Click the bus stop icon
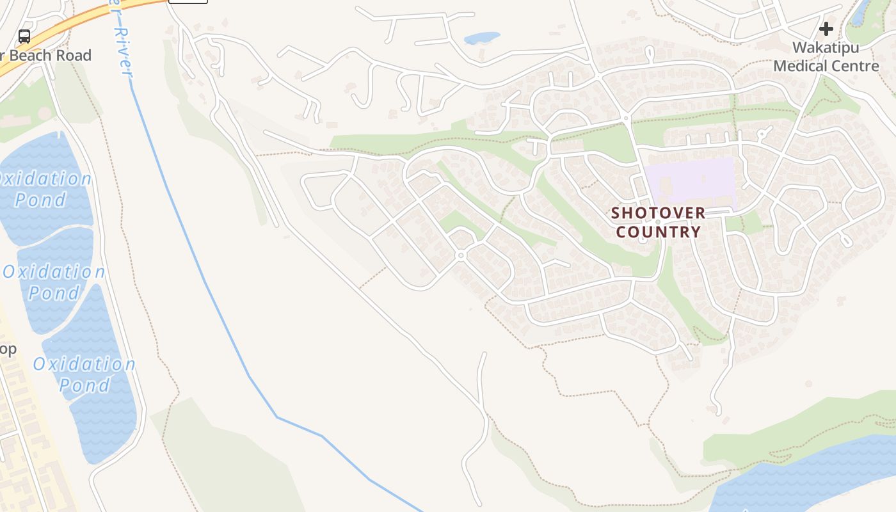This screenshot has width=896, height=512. pos(24,36)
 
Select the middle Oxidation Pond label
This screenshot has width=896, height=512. pos(54,282)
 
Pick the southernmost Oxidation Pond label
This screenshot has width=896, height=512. pos(84,374)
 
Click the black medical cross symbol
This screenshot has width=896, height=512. pos(826,29)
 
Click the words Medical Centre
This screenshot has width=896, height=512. pos(826,66)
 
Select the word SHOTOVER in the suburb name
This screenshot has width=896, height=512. pos(658,213)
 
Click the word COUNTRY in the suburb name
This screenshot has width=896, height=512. pos(659,232)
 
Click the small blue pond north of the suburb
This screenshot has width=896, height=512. pos(481,38)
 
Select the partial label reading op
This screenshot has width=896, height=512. pos(8,349)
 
